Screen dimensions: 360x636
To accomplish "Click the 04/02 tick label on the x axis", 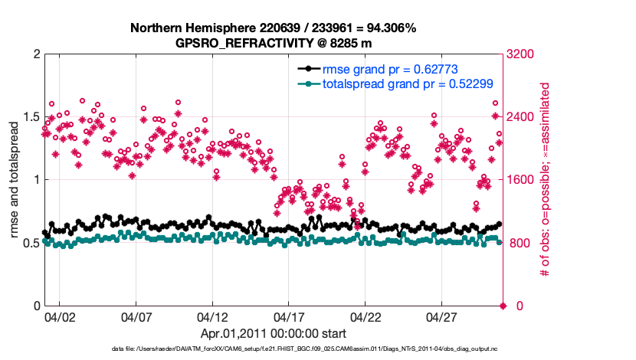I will click(59, 316).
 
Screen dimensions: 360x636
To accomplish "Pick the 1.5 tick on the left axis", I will click(31, 117).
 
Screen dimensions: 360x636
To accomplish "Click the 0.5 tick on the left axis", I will click(31, 244).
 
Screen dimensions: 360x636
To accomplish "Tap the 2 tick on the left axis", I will click(36, 54).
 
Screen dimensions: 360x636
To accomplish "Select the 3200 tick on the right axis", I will click(520, 54).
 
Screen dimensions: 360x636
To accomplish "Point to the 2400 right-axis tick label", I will click(520, 117).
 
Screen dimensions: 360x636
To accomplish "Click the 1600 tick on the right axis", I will click(520, 181).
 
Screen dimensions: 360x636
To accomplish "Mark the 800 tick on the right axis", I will click(517, 244).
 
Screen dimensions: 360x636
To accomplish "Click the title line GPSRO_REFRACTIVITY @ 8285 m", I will click(274, 43).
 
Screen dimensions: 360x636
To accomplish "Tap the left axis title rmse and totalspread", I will click(15, 180).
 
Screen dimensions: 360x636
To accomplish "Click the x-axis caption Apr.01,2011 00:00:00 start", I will click(274, 333).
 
